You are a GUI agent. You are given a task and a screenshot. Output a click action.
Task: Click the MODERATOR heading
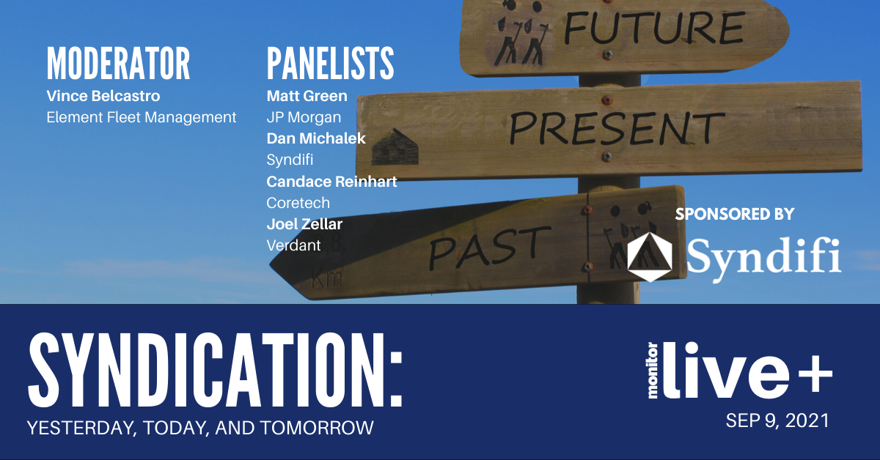coord(118,63)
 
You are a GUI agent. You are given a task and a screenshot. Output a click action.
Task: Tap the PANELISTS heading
coord(330,63)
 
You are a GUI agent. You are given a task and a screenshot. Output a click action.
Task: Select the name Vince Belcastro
coord(103,96)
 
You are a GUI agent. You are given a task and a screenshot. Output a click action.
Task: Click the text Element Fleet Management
coord(142,117)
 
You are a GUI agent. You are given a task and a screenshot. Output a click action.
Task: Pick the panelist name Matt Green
coord(307,96)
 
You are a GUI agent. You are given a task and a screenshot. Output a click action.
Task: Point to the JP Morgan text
coord(304,117)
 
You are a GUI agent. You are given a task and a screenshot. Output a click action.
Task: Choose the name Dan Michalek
coord(316,138)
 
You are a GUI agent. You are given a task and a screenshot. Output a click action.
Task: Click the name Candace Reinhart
coord(331,182)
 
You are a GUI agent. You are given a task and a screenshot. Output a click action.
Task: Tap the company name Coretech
coord(298,203)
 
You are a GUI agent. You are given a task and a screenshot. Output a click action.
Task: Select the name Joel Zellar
coord(304,224)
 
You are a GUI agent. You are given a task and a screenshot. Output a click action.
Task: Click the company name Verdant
coord(293,245)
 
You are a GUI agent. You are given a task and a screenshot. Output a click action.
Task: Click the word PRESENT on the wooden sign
coord(617,127)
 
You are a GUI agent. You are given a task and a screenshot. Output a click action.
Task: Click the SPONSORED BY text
coord(735,215)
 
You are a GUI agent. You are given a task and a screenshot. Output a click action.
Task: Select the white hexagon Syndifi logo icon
coord(650,257)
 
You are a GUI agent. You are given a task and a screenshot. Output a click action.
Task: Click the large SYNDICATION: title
coord(216,370)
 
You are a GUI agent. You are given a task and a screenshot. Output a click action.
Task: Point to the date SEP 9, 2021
coord(777,421)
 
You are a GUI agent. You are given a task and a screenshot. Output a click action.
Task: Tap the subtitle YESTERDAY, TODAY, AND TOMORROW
coord(200,428)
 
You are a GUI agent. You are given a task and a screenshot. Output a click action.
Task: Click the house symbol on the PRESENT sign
coord(395,146)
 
